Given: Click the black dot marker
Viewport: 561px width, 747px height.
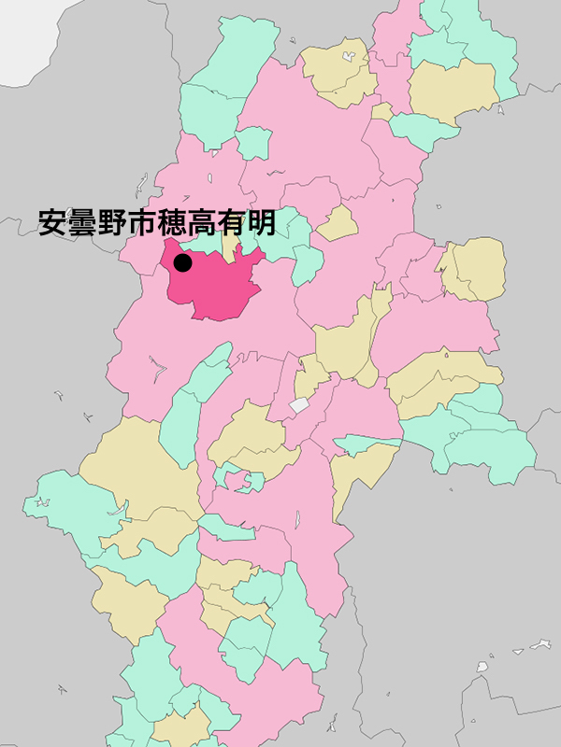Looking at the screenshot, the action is coord(183,263).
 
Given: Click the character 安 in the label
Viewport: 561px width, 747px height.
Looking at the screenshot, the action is coord(53,222).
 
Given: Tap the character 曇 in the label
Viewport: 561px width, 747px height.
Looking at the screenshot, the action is coord(83,222).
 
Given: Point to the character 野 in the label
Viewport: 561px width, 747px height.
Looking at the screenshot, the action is coord(113,222).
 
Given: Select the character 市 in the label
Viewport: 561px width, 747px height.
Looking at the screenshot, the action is coord(143,222).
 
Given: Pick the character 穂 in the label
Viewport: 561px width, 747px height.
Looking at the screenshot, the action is coord(173,222).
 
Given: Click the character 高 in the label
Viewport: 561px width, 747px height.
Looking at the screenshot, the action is coord(203,222).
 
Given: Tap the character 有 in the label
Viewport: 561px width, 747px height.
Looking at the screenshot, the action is coord(233,222).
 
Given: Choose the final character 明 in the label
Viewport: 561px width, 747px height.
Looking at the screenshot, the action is coord(262,222).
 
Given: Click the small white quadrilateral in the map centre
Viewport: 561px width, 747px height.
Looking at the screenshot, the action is coord(298,405).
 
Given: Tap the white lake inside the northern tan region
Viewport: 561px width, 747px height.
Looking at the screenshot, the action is coord(348,56).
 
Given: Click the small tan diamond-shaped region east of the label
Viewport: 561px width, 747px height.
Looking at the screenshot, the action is coord(338,224).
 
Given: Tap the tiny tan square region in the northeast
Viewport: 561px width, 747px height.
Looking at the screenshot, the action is coord(381,112).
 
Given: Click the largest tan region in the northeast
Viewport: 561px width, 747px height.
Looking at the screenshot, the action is coord(451,89).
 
